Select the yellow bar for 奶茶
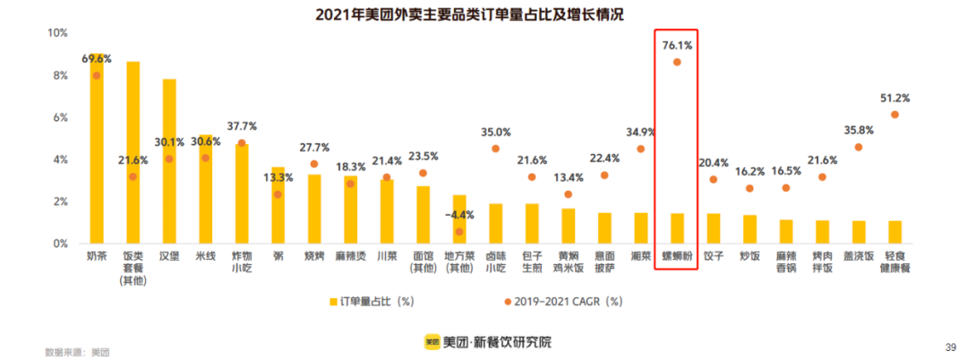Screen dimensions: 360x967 pos(96,152)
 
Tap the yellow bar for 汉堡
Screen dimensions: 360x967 pos(169,161)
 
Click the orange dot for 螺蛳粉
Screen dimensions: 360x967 pos(677,62)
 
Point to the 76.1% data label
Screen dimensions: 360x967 pos(677,44)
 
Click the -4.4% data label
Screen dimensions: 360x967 pos(459,215)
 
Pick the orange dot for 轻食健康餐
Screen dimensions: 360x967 pos(894,115)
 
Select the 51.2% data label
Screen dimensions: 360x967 pos(894,98)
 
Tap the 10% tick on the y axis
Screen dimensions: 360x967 pos(57,33)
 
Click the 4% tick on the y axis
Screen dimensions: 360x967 pos(59,159)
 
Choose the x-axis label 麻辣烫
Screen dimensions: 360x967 pos(350,255)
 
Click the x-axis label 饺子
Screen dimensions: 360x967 pos(714,255)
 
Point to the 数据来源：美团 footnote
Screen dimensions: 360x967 pos(77,352)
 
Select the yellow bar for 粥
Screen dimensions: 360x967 pos(278,205)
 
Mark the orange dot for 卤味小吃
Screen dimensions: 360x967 pos(495,149)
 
